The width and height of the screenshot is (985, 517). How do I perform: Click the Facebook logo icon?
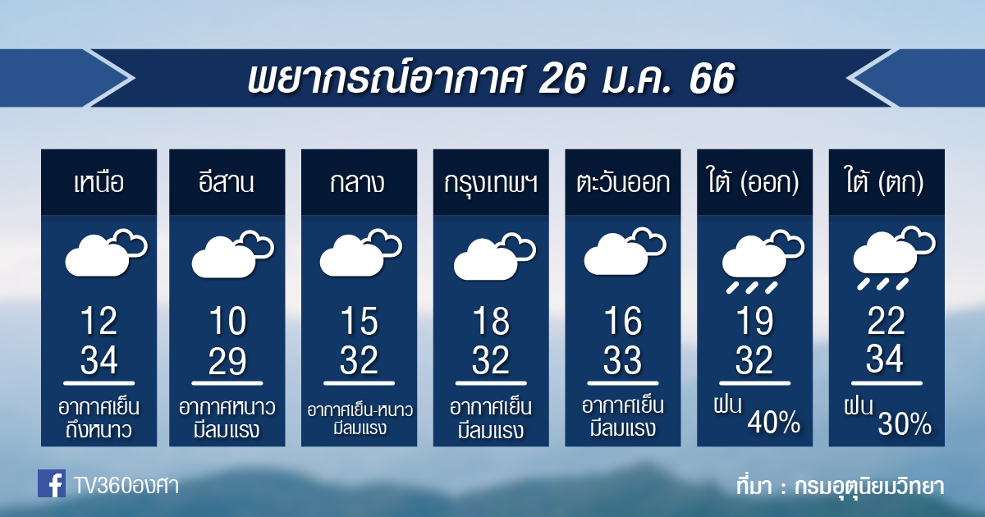[x=52, y=483]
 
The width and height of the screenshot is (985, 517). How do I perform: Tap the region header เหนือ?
[x=99, y=182]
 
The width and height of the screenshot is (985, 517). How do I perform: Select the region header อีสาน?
[x=227, y=181]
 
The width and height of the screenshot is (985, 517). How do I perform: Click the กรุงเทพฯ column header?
[x=491, y=183]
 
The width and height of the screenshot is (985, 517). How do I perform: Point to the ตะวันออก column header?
[x=623, y=182]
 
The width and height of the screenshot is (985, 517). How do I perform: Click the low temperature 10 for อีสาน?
[x=227, y=321]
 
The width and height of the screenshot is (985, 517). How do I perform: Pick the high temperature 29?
[x=227, y=361]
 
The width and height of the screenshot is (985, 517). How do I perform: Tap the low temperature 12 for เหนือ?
[x=99, y=321]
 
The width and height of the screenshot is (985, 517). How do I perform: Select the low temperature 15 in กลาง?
[x=360, y=321]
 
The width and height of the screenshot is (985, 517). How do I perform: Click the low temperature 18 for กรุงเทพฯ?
[x=491, y=321]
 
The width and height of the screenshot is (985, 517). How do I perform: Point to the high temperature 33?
[x=623, y=360]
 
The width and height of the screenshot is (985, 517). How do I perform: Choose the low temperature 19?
[x=755, y=321]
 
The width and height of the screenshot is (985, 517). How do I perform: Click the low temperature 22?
[x=886, y=321]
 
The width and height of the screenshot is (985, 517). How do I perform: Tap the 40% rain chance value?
[x=774, y=422]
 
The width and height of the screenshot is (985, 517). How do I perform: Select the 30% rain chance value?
[x=905, y=423]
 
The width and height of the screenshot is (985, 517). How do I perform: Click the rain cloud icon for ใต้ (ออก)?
[x=763, y=261]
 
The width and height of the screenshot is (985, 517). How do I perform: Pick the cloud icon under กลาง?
[x=360, y=253]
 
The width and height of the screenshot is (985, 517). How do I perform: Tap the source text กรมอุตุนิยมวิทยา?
[x=870, y=486]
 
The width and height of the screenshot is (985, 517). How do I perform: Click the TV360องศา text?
[x=126, y=486]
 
